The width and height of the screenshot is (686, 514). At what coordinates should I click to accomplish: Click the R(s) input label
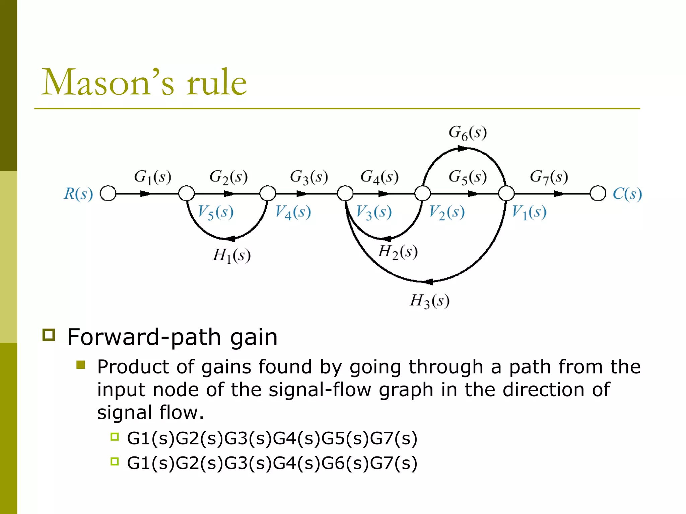(78, 194)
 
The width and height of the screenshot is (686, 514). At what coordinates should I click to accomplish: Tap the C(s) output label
(627, 194)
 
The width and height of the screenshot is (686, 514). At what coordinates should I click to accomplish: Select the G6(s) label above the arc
(467, 133)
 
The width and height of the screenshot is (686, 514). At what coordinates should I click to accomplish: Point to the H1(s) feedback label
(231, 256)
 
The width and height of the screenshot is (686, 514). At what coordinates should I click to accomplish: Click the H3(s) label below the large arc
(429, 301)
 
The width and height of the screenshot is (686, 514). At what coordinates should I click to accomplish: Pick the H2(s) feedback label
(398, 252)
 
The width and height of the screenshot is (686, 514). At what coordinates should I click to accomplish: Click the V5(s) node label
(215, 212)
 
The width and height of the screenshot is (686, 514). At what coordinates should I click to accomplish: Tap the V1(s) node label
(529, 212)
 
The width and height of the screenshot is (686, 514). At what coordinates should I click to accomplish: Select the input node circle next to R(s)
(108, 193)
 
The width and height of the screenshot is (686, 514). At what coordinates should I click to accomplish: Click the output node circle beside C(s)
(598, 193)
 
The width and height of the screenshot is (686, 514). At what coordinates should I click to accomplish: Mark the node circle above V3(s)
(345, 193)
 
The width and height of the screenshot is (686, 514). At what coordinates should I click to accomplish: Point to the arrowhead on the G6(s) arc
(463, 148)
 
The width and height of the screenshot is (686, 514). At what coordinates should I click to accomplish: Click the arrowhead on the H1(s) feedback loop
(230, 239)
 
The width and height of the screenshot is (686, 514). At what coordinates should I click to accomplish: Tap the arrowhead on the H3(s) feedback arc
(428, 281)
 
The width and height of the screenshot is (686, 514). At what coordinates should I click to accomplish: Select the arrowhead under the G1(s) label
(145, 193)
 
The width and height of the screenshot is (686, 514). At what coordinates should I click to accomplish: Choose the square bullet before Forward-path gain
(49, 335)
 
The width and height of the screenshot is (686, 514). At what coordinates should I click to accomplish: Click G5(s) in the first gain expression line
(345, 438)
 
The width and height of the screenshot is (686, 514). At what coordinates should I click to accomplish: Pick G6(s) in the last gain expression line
(345, 463)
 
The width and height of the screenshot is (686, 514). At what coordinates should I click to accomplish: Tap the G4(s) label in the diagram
(379, 177)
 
